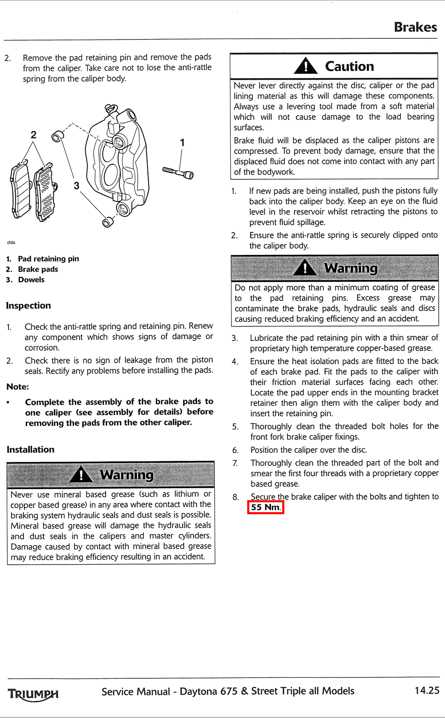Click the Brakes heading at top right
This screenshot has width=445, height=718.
(x=415, y=27)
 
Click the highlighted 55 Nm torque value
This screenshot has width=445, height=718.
(x=265, y=507)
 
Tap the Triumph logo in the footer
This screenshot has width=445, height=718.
(x=33, y=694)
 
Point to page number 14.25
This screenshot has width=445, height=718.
(x=427, y=690)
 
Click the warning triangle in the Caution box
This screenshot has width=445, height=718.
(x=305, y=66)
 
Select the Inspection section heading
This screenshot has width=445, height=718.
(x=28, y=305)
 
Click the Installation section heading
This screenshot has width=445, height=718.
(x=30, y=450)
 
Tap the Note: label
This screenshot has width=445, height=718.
(x=18, y=387)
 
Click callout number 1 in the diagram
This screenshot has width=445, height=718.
(x=182, y=143)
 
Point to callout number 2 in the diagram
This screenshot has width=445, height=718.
(x=33, y=135)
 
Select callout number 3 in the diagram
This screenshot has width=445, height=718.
(x=77, y=186)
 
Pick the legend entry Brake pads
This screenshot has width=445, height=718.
(x=38, y=269)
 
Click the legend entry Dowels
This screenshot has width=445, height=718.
(x=31, y=280)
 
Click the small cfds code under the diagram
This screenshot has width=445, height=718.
(x=11, y=242)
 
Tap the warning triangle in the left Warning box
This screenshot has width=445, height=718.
(x=81, y=474)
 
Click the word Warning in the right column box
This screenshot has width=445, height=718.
(x=351, y=268)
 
